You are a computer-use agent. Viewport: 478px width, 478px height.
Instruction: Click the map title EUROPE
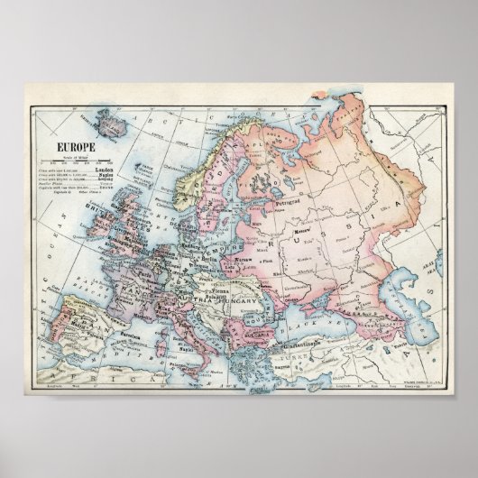78,146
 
